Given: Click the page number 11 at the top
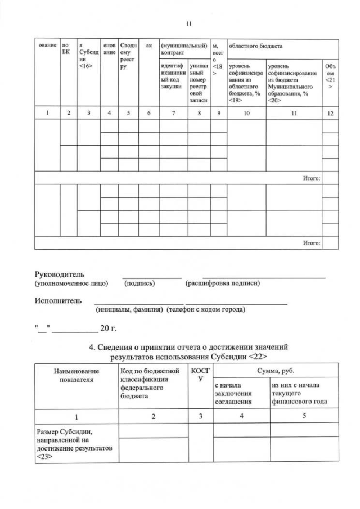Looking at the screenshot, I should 188,24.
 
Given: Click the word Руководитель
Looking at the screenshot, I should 60,274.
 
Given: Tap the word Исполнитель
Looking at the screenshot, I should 58,300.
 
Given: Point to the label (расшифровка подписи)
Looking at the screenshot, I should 223,283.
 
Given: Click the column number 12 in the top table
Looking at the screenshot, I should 331,113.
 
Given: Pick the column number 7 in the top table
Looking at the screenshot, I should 173,113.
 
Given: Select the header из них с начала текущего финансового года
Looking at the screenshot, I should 299,393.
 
